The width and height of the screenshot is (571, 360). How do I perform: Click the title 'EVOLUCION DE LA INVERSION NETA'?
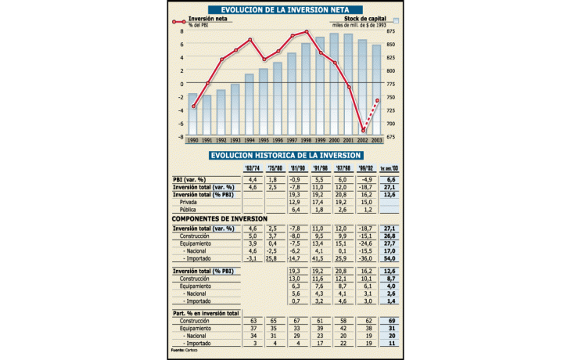pos(284,10)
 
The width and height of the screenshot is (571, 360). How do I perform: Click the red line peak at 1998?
pos(306,32)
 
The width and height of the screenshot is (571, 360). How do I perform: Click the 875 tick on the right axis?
pos(390,31)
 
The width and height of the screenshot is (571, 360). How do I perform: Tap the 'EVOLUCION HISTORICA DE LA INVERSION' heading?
pos(285,156)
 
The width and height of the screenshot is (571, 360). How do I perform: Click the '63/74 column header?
pos(253,168)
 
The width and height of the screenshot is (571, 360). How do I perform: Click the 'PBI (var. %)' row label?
pos(191,180)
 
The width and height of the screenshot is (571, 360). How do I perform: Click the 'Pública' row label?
pos(189,209)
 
